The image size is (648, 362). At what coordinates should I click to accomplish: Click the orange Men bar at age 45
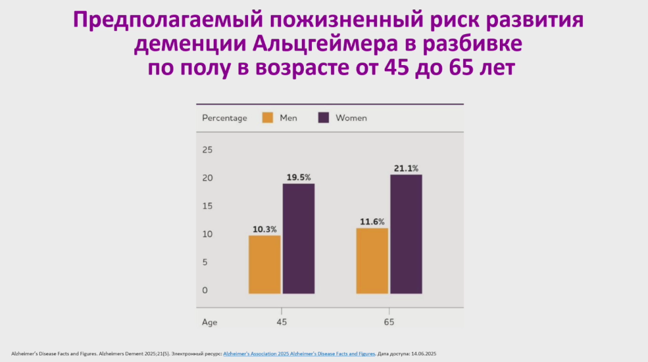tap(265, 265)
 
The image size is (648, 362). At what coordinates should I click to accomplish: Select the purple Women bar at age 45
tap(299, 239)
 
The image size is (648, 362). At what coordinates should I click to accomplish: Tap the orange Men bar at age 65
tap(372, 261)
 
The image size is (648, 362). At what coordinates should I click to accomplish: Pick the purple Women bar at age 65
tap(406, 234)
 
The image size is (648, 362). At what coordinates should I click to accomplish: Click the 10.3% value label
tap(265, 229)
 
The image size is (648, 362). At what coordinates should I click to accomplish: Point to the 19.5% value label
tap(299, 177)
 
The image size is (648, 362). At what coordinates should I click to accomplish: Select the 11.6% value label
tap(372, 222)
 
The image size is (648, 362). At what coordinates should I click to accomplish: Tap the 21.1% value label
tap(406, 168)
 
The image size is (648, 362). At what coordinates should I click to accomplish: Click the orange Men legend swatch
tap(268, 118)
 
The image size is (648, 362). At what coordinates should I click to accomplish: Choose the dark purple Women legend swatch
tap(323, 118)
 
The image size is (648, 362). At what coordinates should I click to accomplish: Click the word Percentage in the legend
tap(225, 118)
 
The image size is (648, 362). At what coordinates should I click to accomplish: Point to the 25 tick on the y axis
tap(208, 150)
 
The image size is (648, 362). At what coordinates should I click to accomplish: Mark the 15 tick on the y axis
tap(208, 206)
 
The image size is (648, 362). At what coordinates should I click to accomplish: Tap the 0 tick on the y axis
tap(205, 290)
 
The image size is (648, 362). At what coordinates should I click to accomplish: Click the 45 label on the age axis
tap(282, 322)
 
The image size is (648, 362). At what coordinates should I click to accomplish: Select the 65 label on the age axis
tap(389, 322)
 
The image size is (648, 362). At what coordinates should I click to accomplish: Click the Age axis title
tap(209, 322)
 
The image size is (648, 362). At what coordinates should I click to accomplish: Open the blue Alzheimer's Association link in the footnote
tap(299, 354)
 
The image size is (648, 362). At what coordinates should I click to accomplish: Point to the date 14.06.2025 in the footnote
tap(423, 354)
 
